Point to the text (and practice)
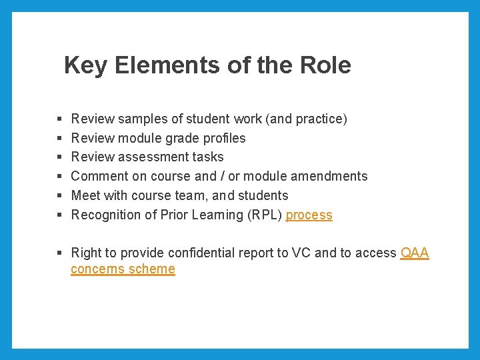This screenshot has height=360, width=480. click(306, 119)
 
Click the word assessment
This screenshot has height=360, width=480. click(157, 157)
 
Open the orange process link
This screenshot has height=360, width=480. click(309, 215)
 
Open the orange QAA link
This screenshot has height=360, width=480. click(415, 253)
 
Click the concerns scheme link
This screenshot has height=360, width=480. click(123, 269)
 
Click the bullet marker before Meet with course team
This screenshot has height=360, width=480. click(59, 196)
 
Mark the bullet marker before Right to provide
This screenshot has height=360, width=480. click(59, 253)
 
